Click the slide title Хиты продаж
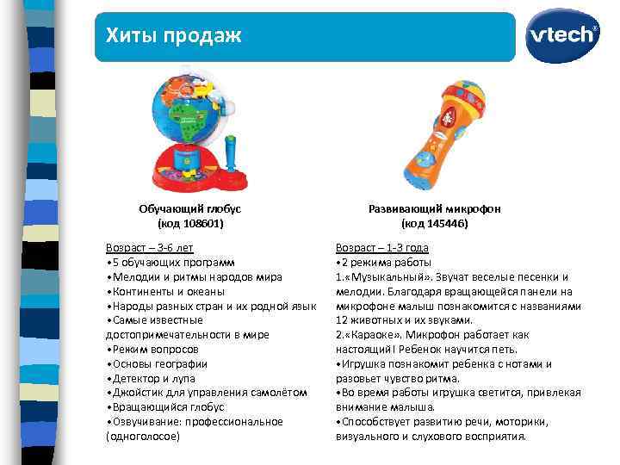[x=173, y=35]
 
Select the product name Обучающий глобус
[x=189, y=208]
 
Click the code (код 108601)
[x=189, y=223]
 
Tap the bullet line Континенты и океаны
[x=162, y=291]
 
